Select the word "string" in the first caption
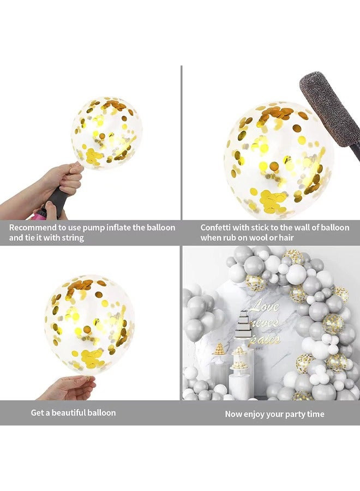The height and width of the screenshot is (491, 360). click(x=72, y=238)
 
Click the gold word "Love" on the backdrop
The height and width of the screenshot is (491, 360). click(x=265, y=306)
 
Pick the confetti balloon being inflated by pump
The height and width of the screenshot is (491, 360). click(x=106, y=133)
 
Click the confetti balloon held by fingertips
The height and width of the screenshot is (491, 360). click(x=89, y=325)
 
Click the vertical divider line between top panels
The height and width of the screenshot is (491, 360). click(x=181, y=142)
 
